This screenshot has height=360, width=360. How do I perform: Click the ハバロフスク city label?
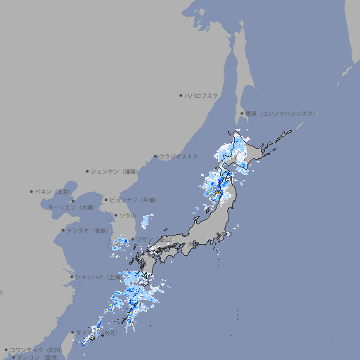coord(202,95)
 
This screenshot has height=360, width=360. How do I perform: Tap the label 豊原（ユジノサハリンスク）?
coord(281,113)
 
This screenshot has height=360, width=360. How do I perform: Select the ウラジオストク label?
coord(179,156)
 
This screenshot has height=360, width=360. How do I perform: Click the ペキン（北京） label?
coord(54,191)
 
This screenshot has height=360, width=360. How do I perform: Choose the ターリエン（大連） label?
coord(71,207)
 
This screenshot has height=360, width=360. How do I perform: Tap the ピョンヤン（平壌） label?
coord(133,200)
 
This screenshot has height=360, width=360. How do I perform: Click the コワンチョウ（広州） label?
coord(36,349)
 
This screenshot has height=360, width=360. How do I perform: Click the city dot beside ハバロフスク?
coord(181,95)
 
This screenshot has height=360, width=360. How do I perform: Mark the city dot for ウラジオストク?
coord(155,156)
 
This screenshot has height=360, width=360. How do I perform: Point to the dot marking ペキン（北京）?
coord(32,191)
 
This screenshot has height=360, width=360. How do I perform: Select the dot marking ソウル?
coord(115,215)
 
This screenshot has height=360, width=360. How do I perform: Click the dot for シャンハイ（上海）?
coord(72,277)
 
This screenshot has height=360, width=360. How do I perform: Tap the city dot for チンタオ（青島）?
coord(63,230)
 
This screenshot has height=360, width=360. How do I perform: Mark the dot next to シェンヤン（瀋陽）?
coord(87,171)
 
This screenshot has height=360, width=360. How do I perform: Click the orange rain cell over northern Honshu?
coord(218,192)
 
